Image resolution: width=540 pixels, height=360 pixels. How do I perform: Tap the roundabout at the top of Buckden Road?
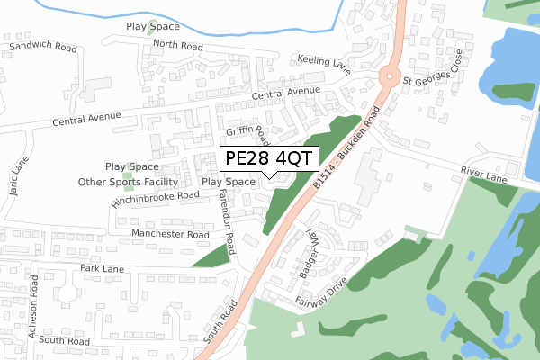pos(390,76)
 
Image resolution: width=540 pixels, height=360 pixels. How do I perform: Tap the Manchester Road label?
pos(170,234)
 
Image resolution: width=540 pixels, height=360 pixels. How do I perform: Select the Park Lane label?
pos(101,268)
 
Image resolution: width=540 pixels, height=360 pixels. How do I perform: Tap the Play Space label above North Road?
pos(154,28)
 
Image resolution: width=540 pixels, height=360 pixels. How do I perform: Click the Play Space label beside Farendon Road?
pos(229,182)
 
